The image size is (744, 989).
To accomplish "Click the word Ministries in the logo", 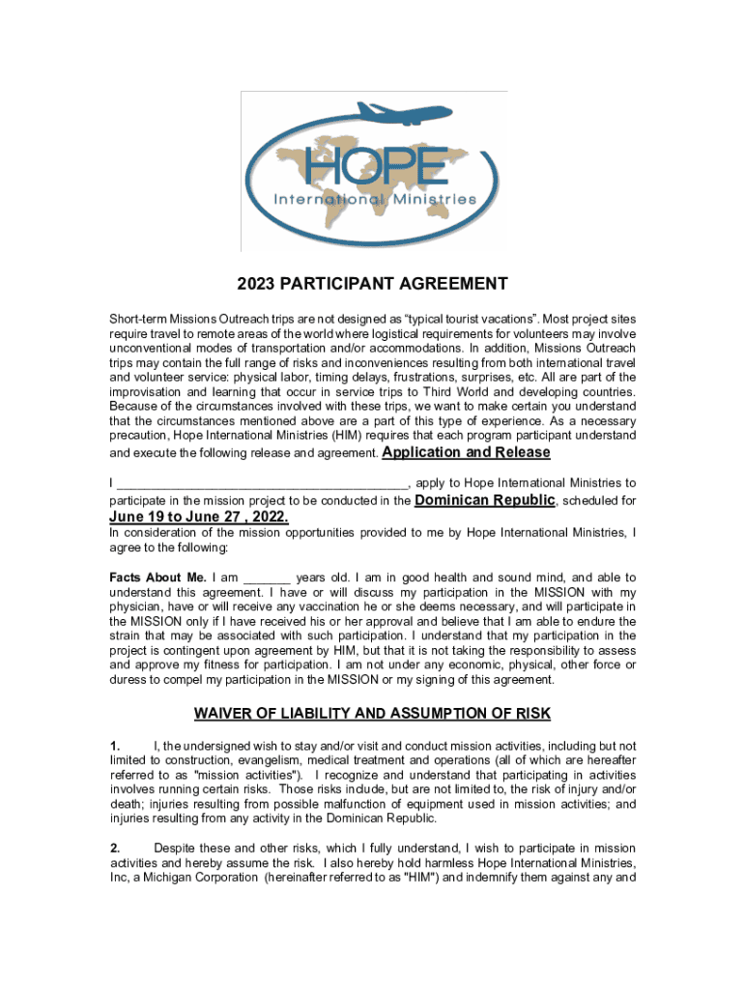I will coord(435,200).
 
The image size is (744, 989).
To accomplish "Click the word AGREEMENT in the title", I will coord(447,284).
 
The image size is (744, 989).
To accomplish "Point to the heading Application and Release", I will coord(467,452).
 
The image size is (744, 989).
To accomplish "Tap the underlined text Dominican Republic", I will coord(484,500).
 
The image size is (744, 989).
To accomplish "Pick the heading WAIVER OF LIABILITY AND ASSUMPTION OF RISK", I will coord(372,714).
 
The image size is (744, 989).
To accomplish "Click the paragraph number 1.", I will coord(115,747).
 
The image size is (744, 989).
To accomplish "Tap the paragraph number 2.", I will coord(115,848).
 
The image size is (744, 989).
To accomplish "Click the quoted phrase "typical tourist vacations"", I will coord(464,319).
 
